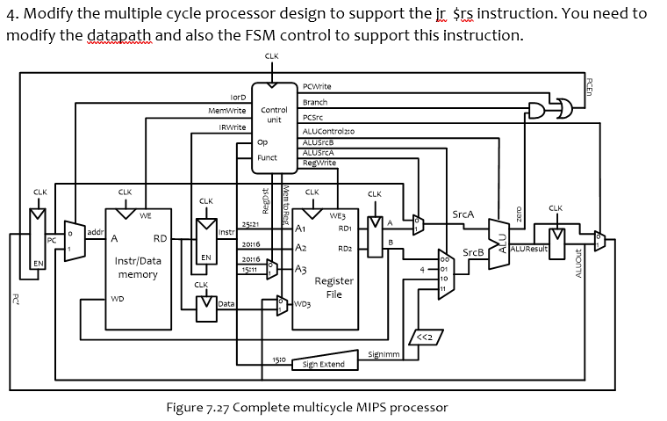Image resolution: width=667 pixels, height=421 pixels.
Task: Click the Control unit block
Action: tap(273, 119)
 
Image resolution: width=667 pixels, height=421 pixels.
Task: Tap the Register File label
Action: tap(333, 287)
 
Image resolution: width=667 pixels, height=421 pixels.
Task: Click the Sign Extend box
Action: tap(323, 364)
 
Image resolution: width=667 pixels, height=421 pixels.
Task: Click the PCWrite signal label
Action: tap(316, 86)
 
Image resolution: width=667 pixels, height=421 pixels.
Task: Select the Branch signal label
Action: tap(314, 102)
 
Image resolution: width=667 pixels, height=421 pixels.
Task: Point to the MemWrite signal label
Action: tap(226, 111)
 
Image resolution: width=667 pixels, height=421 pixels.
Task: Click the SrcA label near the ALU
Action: tap(463, 214)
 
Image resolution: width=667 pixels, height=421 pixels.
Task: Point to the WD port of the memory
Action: tap(118, 299)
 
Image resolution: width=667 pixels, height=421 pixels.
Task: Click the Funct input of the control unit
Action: tap(267, 158)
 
